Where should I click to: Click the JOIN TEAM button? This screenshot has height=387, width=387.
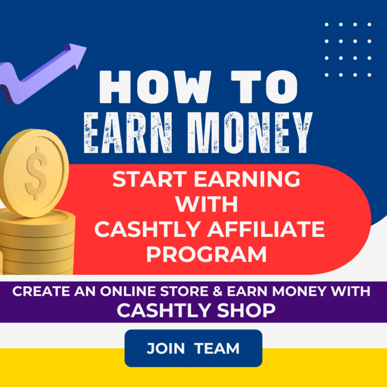(x=193, y=348)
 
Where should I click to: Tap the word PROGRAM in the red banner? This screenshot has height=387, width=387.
(x=207, y=254)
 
